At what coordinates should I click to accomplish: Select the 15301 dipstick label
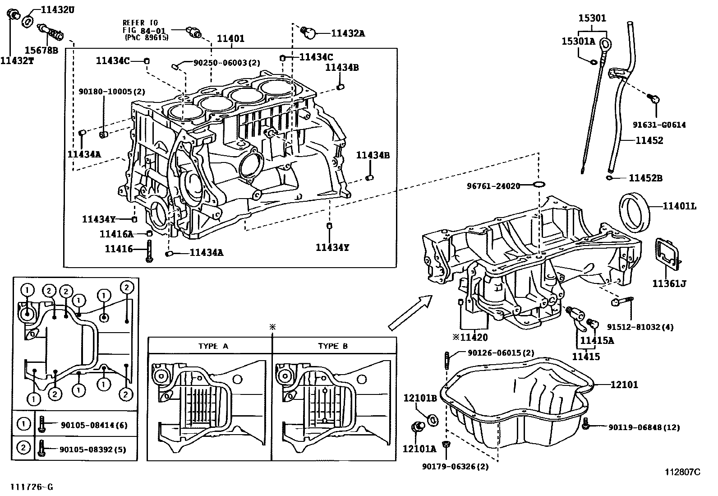click(592, 19)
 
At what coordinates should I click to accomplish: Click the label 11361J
click(669, 283)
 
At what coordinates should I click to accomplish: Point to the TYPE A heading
click(213, 346)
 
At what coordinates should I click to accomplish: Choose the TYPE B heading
click(333, 346)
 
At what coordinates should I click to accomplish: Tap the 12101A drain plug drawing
click(417, 426)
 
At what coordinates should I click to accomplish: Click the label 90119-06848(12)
click(644, 427)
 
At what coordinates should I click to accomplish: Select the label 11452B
click(645, 178)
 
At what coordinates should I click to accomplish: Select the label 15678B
click(41, 50)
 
